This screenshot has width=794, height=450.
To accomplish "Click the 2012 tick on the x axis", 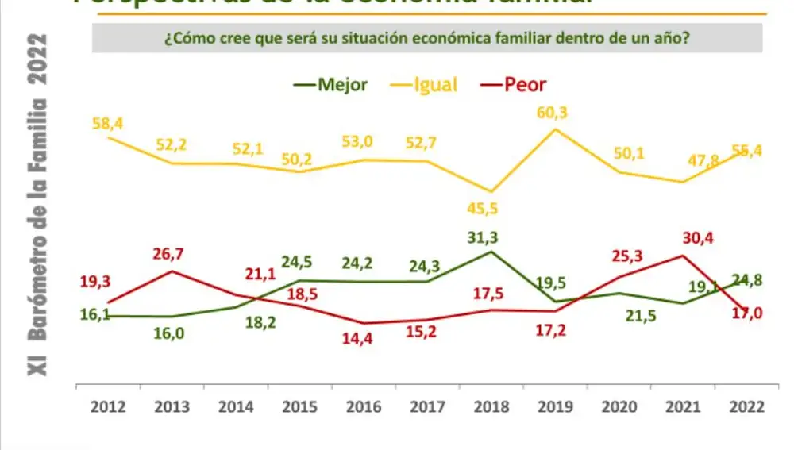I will (107, 406).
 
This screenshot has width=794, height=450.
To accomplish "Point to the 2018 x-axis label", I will (491, 406).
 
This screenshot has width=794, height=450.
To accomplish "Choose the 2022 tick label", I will (748, 406).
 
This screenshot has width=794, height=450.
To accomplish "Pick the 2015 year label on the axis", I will (299, 406).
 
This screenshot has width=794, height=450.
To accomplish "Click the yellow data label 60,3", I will (552, 113).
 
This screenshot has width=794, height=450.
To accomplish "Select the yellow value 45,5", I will (491, 210).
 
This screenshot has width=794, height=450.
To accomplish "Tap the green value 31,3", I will (491, 237).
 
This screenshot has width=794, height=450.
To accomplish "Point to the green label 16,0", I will (169, 333).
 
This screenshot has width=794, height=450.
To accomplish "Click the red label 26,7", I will (170, 253).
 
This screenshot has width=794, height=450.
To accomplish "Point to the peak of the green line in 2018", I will (491, 252).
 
